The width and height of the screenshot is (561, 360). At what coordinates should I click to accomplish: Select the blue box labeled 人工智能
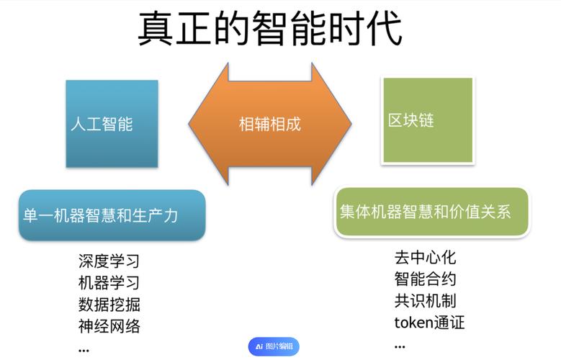click(x=112, y=124)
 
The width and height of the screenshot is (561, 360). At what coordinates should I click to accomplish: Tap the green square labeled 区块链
click(x=427, y=120)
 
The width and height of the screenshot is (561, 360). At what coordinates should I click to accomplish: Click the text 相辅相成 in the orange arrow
click(x=269, y=124)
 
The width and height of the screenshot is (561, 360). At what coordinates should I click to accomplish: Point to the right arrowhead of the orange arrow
click(x=336, y=124)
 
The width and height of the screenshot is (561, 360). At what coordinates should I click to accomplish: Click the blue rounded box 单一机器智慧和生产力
click(x=111, y=215)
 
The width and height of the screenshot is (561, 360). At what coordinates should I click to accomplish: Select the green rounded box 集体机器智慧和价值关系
click(x=432, y=212)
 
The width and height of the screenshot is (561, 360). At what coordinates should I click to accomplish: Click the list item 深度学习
click(x=109, y=261)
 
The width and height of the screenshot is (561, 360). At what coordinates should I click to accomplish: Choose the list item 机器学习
click(x=109, y=282)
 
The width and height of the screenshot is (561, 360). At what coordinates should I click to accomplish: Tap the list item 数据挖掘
click(x=109, y=304)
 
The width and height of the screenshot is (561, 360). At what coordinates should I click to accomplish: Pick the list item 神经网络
click(x=109, y=326)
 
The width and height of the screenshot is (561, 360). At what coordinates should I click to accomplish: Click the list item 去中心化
click(x=425, y=257)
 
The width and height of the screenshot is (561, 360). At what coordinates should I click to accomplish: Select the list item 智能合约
click(x=425, y=279)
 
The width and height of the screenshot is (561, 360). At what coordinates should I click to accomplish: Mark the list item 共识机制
click(x=425, y=300)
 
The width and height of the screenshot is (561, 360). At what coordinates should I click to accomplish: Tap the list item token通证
click(x=429, y=322)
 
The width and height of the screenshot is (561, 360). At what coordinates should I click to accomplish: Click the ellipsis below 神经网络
click(x=84, y=350)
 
